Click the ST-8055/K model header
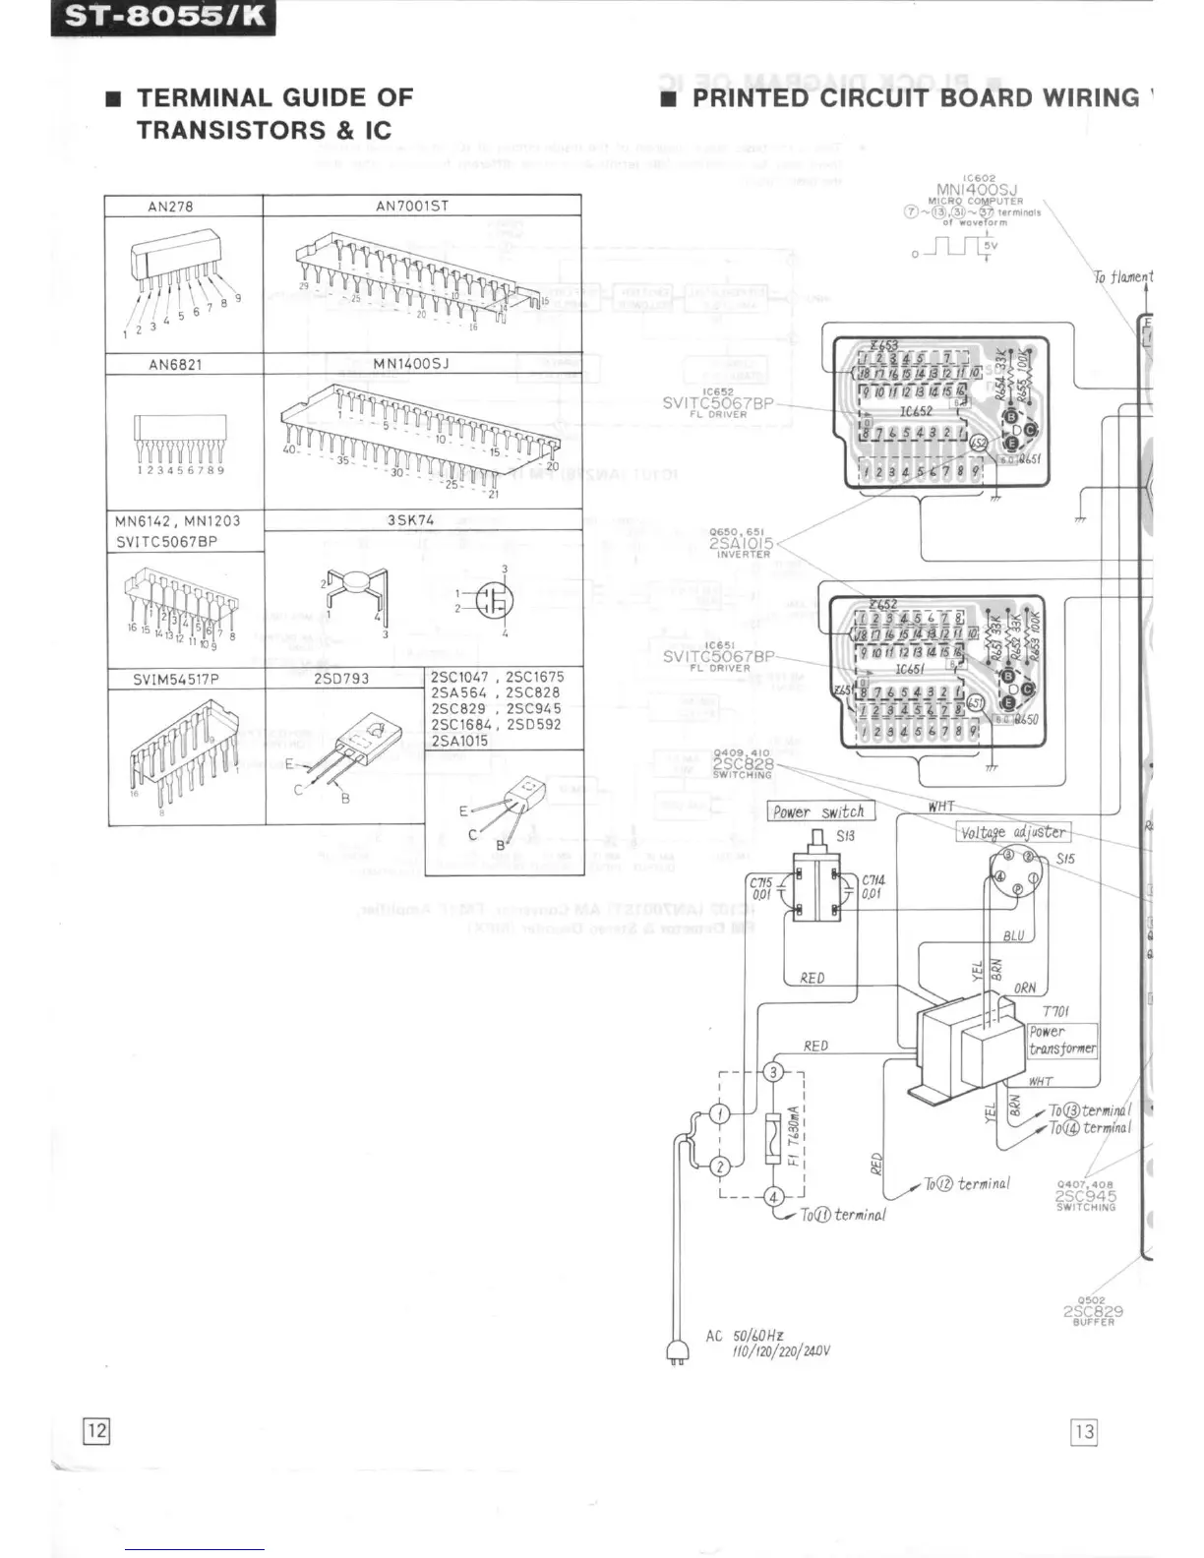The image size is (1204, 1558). (162, 19)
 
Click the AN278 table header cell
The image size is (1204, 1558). (170, 207)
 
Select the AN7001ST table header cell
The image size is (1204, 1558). (412, 207)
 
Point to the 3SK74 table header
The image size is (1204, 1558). (410, 520)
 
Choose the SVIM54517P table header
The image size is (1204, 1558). (176, 679)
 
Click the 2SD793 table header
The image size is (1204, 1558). (341, 679)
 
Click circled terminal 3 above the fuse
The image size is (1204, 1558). (774, 1071)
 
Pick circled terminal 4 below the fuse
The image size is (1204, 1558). (774, 1197)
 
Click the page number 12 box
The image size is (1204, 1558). (95, 1430)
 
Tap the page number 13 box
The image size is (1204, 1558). (1084, 1431)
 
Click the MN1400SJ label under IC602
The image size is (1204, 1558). (978, 190)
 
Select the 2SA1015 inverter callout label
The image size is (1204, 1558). (743, 543)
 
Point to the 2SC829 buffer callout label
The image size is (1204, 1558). (1093, 1311)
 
